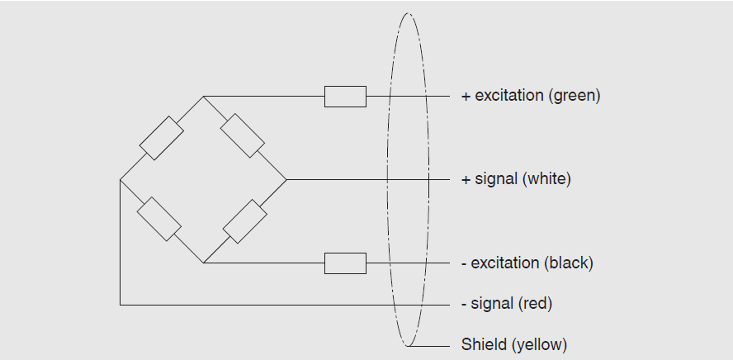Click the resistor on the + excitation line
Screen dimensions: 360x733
[x=345, y=97]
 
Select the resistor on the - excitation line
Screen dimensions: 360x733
[x=345, y=263]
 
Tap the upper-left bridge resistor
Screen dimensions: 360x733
[x=161, y=138]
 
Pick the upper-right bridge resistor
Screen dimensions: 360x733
[x=244, y=136]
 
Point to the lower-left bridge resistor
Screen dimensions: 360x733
[x=159, y=219]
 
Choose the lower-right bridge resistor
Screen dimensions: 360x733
[x=245, y=220]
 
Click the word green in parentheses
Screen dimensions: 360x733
[x=574, y=96]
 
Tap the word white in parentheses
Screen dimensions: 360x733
[x=546, y=178]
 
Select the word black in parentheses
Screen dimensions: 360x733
[x=568, y=263]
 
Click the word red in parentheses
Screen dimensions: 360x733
[x=535, y=304]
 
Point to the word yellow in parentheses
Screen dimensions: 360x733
[x=539, y=344]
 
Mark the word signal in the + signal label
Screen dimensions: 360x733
[x=496, y=178]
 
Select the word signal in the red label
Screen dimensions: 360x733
[x=492, y=304]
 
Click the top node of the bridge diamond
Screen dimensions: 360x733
[x=203, y=97]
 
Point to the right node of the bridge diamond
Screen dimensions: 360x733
[x=286, y=179]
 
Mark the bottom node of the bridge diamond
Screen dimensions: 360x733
[x=203, y=263]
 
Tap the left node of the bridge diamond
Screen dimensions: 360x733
[x=120, y=179]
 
